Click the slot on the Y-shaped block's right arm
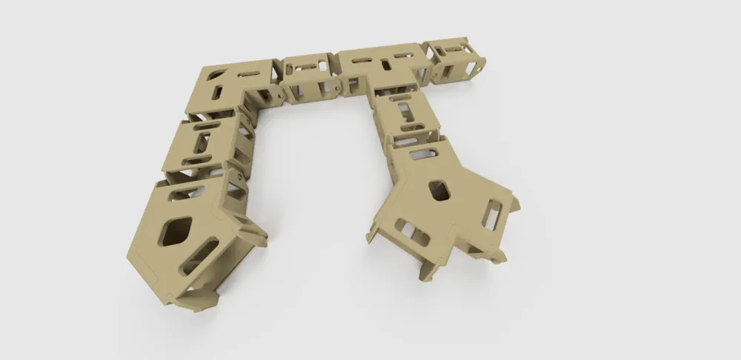(x=492, y=214)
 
